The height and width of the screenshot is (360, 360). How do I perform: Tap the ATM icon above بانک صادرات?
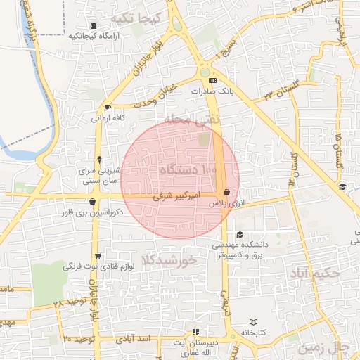[x=212, y=81]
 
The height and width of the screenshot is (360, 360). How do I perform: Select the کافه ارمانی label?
[x=108, y=118]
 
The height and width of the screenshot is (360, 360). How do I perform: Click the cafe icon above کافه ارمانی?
[x=108, y=108]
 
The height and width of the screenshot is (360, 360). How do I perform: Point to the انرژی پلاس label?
[x=225, y=202]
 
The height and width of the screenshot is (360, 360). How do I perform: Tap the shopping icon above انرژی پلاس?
[x=226, y=192]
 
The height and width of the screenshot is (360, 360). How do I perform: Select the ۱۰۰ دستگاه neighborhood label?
[x=188, y=170]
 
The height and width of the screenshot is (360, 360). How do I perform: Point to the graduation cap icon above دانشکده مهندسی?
[x=240, y=235]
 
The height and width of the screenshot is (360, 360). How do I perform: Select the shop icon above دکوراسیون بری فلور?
[x=92, y=202]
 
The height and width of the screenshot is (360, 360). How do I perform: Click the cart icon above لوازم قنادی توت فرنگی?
[x=97, y=256]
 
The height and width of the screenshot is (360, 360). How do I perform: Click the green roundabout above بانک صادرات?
[x=204, y=72]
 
